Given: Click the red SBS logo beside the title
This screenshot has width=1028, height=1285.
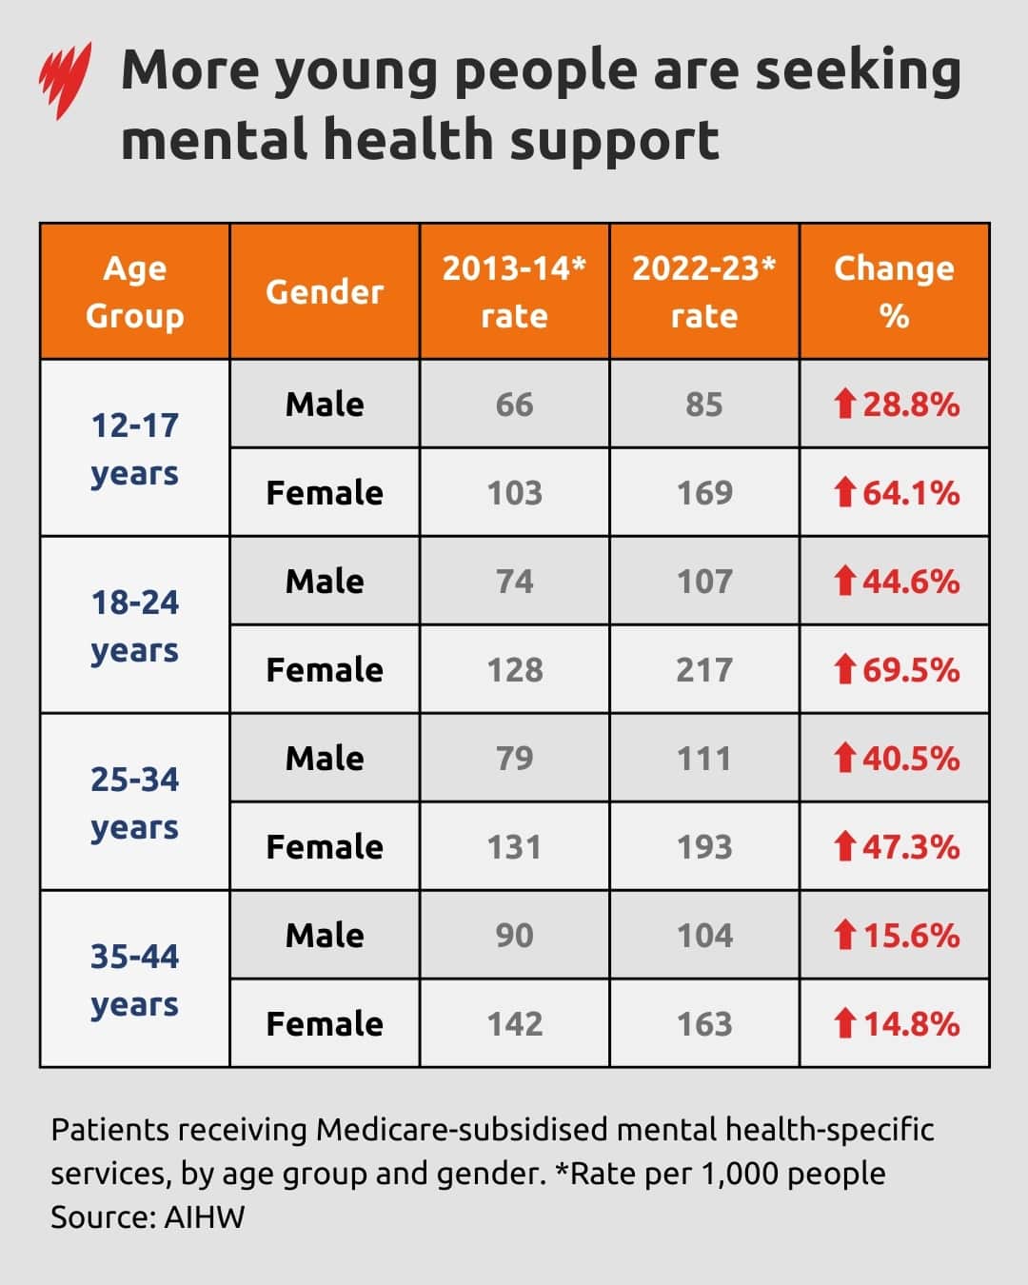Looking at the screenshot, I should pyautogui.click(x=65, y=80).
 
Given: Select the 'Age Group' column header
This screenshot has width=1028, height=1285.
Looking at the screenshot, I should pyautogui.click(x=134, y=291).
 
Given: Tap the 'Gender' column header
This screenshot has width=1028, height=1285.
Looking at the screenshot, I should pyautogui.click(x=325, y=291).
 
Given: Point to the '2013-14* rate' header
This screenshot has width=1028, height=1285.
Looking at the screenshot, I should pyautogui.click(x=514, y=291).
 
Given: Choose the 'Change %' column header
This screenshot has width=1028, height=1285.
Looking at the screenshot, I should pyautogui.click(x=894, y=291).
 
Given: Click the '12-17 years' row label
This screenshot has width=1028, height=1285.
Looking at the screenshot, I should pyautogui.click(x=134, y=448).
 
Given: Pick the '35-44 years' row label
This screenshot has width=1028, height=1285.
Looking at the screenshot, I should pyautogui.click(x=134, y=979).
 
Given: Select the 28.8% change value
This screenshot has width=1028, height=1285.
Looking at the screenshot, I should pyautogui.click(x=911, y=405).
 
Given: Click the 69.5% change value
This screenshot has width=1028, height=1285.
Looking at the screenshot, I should pyautogui.click(x=911, y=670).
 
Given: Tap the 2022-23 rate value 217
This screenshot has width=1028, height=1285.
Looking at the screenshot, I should pyautogui.click(x=704, y=670).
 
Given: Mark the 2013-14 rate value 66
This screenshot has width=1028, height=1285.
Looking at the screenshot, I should pyautogui.click(x=514, y=405).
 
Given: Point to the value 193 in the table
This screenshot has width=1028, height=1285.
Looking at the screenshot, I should pyautogui.click(x=704, y=847).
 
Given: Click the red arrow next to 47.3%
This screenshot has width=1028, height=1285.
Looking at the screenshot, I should pyautogui.click(x=844, y=846).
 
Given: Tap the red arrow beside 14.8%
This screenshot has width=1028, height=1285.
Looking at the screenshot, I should pyautogui.click(x=844, y=1023).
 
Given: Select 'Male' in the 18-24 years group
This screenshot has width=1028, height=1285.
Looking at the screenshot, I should pyautogui.click(x=325, y=581).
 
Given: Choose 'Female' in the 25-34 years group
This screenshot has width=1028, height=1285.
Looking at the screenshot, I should pyautogui.click(x=325, y=847).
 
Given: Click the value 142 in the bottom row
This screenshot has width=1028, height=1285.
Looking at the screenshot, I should pyautogui.click(x=514, y=1024).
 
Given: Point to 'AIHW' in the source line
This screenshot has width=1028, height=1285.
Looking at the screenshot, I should pyautogui.click(x=205, y=1217).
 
